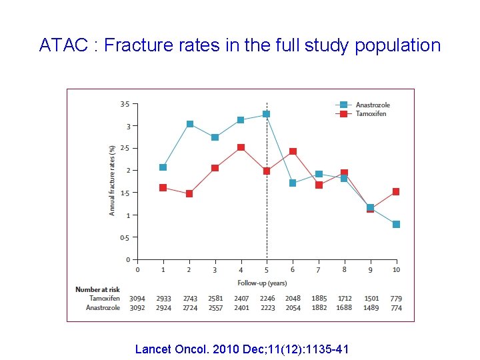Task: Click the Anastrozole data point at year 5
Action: (267, 114)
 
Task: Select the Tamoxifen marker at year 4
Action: (241, 147)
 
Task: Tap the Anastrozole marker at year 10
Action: (396, 224)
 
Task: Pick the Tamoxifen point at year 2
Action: (189, 194)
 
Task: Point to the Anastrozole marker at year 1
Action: (163, 167)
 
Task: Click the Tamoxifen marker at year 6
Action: (293, 151)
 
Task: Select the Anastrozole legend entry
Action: (372, 105)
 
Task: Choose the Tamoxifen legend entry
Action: (371, 114)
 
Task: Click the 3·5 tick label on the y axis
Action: (125, 104)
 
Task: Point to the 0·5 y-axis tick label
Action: (125, 237)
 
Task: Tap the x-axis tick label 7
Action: (318, 270)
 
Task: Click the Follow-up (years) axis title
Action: (267, 283)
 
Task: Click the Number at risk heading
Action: (97, 289)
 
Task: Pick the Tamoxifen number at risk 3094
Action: (137, 299)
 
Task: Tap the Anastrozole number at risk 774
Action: (396, 308)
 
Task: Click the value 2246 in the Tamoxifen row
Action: (267, 299)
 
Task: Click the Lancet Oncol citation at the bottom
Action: (241, 349)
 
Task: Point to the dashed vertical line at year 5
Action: (267, 200)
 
